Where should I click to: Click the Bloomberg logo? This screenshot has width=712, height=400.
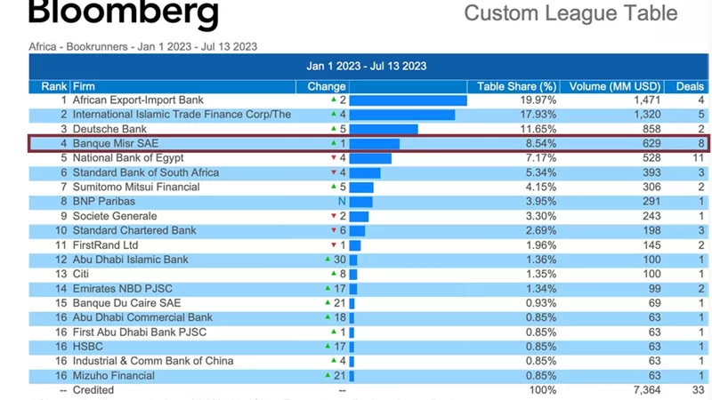pos(124,12)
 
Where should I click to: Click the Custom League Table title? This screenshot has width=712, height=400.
pos(570,12)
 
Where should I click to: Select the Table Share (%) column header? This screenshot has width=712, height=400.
pos(516,86)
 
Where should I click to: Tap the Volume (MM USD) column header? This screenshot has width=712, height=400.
pos(614,86)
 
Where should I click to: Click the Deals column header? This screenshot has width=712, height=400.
pos(690,86)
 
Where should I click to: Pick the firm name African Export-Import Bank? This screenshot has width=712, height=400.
pos(138,100)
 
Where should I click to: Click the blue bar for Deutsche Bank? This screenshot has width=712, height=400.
pos(384,129)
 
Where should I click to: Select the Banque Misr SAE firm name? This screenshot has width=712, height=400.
pos(116,144)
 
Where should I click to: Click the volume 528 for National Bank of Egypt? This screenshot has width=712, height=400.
pos(651,158)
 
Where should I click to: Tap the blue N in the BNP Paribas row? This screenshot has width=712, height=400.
pos(342,202)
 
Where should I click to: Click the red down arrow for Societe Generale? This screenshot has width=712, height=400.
pos(334,216)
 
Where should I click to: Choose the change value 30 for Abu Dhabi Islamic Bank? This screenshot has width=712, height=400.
pos(340,260)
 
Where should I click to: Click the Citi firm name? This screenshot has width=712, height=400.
pos(81,274)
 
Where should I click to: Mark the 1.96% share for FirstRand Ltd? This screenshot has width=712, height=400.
pos(541,245)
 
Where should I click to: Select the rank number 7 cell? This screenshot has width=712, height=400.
pos(63,187)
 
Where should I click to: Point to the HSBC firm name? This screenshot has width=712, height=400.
pos(87,347)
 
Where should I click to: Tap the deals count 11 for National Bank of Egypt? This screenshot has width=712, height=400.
pos(698,158)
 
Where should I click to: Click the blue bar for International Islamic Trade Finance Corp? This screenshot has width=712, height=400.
pos(402,115)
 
